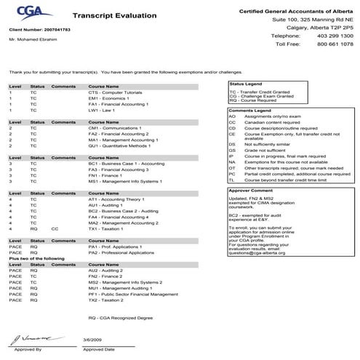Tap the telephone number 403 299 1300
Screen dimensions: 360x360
(x=337, y=35)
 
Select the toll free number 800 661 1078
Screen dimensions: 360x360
(x=337, y=44)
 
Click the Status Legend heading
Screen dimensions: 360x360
(x=244, y=84)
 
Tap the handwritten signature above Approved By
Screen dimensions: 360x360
(x=25, y=339)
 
